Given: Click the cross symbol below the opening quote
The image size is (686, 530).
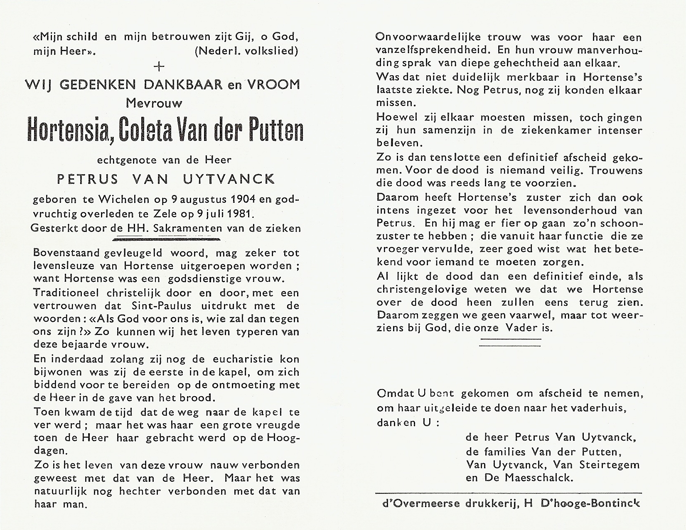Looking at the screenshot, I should click(x=159, y=67).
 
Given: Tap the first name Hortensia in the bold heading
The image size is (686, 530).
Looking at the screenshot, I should click(x=69, y=130).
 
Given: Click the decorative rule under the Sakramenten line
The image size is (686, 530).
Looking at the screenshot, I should click(x=166, y=239).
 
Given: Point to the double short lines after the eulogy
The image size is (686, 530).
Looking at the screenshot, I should click(x=510, y=342).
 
